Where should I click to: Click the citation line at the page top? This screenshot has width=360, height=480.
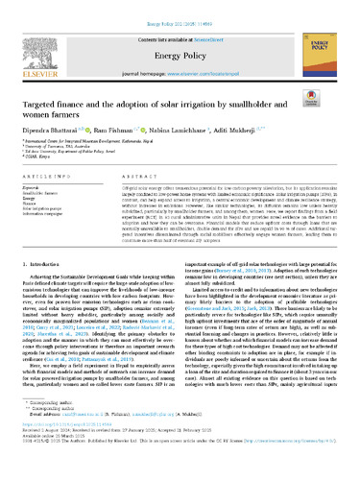[180, 6]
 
